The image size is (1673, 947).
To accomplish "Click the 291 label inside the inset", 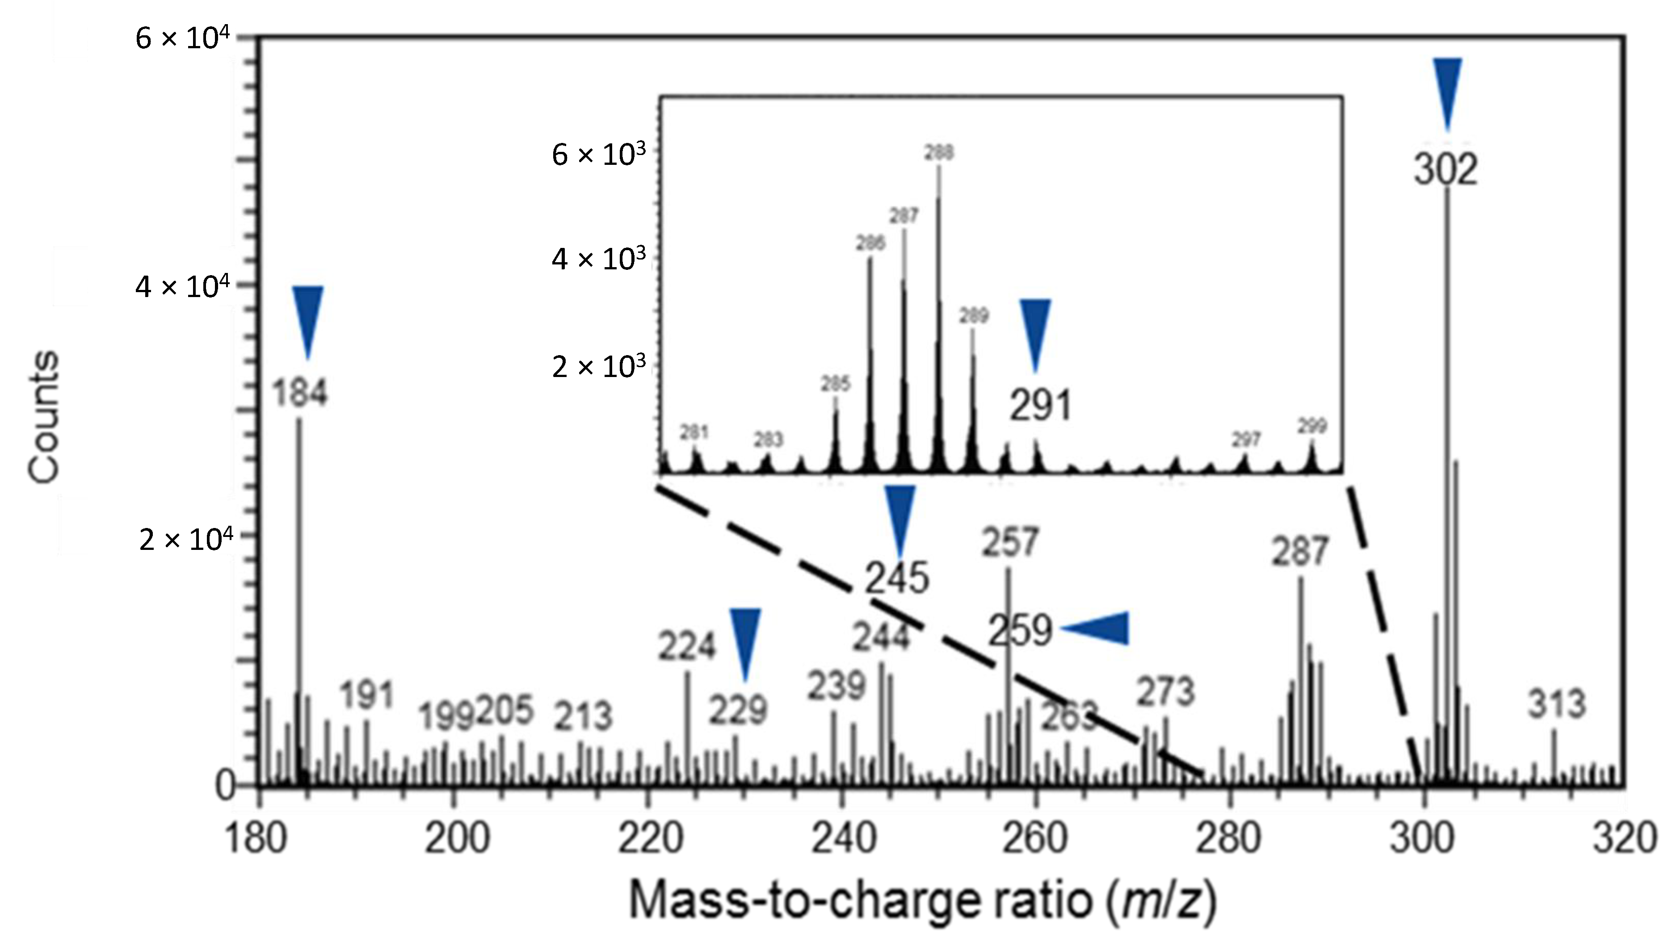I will [x=1039, y=406].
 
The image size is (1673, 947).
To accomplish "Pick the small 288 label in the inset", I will [x=939, y=153].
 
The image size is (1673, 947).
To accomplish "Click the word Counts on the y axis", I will [x=44, y=418].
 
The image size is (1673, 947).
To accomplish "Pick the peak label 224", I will [x=686, y=646].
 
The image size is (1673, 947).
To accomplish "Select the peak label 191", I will [x=367, y=696].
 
